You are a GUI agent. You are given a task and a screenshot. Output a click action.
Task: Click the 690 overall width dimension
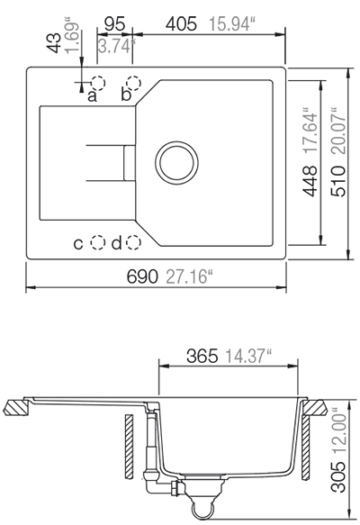point(142,276)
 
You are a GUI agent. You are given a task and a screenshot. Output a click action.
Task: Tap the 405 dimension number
point(181,24)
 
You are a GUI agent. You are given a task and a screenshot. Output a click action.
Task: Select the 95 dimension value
point(114,23)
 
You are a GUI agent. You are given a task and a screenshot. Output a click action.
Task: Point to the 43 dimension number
point(53,42)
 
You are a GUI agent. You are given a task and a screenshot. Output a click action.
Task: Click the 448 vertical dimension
point(310,181)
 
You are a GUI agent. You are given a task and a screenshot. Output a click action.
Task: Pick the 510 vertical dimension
point(337,181)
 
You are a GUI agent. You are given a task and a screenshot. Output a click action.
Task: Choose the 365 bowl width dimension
point(202,356)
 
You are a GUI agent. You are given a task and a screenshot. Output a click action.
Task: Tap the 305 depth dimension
point(337,477)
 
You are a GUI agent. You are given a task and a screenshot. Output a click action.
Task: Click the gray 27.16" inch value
point(189,276)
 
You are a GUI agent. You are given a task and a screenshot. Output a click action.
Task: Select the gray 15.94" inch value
point(231,24)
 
